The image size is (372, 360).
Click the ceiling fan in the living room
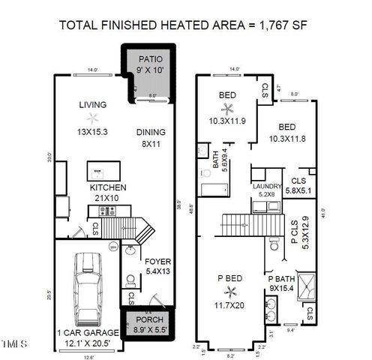pyautogui.click(x=92, y=118)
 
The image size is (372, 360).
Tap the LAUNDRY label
pyautogui.click(x=267, y=185)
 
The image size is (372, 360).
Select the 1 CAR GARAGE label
pyautogui.click(x=87, y=332)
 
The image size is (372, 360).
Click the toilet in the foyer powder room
pyautogui.click(x=131, y=280)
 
